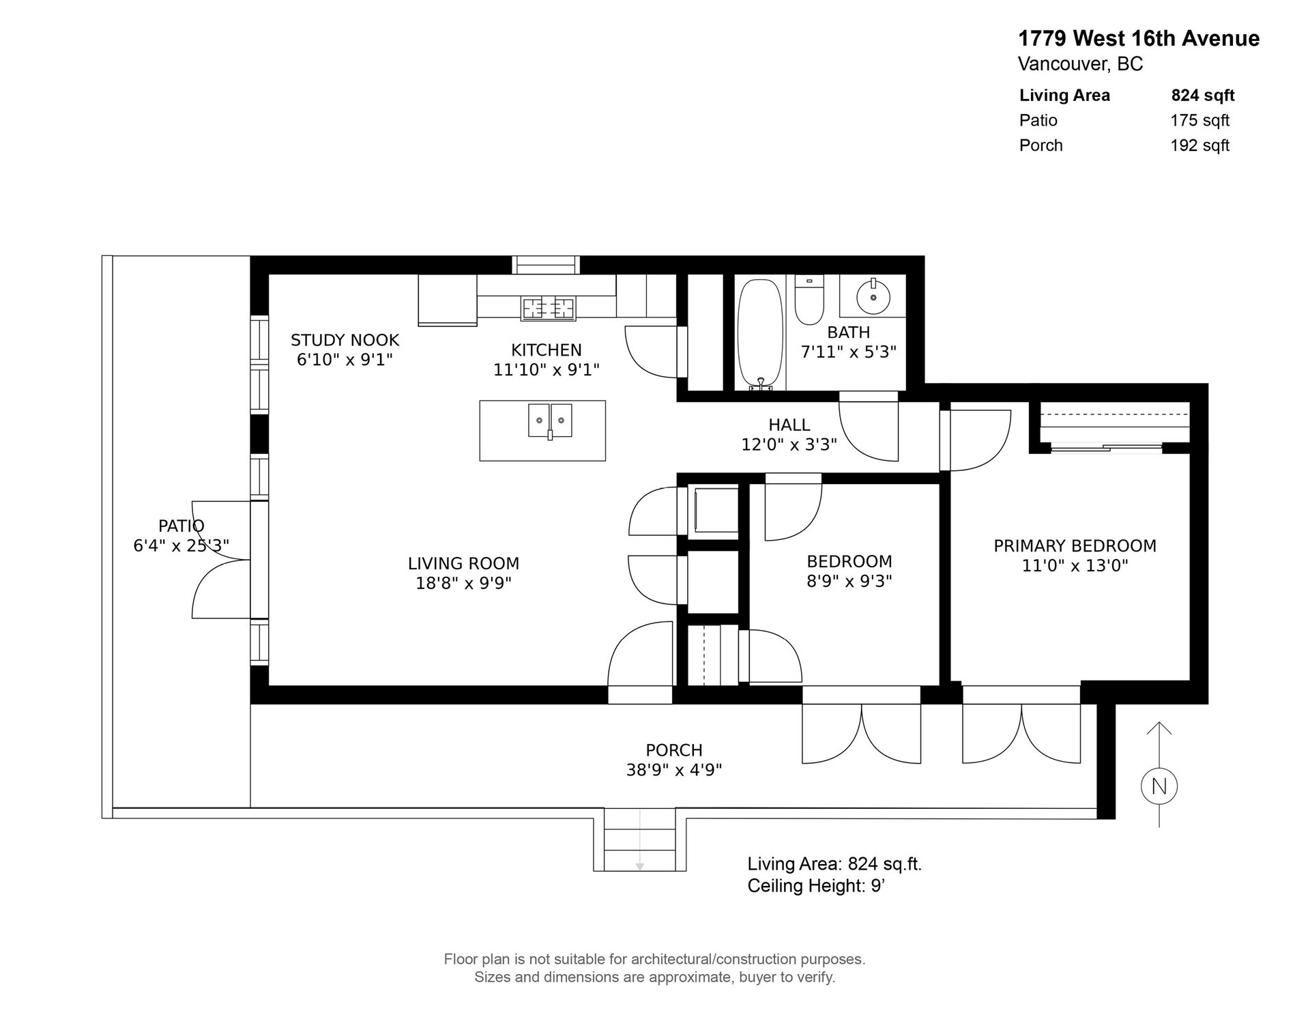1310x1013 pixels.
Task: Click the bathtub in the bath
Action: coord(760,332)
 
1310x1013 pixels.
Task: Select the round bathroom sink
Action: coord(873,296)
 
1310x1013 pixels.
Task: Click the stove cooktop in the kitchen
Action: coord(549,309)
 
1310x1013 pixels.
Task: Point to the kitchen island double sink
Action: coord(550,420)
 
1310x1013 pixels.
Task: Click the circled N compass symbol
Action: coord(1159,786)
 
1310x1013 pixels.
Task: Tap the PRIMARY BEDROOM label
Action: coord(1075,546)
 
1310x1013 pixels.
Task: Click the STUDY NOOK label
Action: coord(345,340)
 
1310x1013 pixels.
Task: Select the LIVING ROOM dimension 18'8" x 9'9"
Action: coord(464,583)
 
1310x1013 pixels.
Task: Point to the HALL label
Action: coord(789,425)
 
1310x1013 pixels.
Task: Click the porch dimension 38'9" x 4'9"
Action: coord(674,770)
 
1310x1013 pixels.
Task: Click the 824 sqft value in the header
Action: coord(1203,96)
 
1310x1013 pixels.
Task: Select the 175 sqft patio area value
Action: coord(1199,121)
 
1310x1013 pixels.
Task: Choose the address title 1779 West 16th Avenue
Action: coord(1139,39)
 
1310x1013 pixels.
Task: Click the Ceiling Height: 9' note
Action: coord(817,886)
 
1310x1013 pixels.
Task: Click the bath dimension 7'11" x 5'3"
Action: coord(848,352)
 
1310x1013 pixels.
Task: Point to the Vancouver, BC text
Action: coord(1080,64)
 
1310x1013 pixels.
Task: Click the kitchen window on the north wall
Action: coord(545,264)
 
